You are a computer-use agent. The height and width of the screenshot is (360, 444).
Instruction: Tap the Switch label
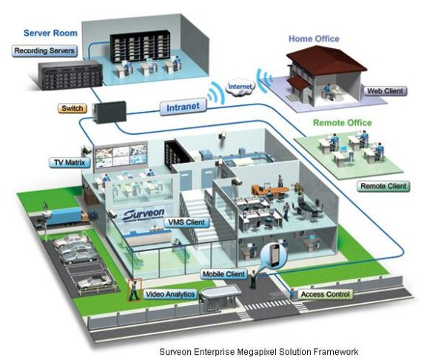(x=73, y=108)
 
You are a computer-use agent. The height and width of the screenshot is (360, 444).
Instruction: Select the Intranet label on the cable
(x=182, y=107)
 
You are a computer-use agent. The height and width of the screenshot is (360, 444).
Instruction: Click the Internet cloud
(x=240, y=87)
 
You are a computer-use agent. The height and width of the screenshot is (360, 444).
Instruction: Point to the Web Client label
(x=385, y=91)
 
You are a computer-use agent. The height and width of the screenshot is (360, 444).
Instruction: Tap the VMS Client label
(x=186, y=221)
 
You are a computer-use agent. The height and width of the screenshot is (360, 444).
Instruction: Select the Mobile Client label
(x=225, y=274)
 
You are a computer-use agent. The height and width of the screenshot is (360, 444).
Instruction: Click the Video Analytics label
(x=171, y=294)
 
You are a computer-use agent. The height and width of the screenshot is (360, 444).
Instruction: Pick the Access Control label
(x=326, y=294)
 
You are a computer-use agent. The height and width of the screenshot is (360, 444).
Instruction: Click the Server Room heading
(x=50, y=33)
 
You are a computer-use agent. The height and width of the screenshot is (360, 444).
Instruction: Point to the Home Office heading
(x=314, y=39)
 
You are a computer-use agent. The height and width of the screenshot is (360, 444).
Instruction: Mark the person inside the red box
(x=134, y=290)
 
